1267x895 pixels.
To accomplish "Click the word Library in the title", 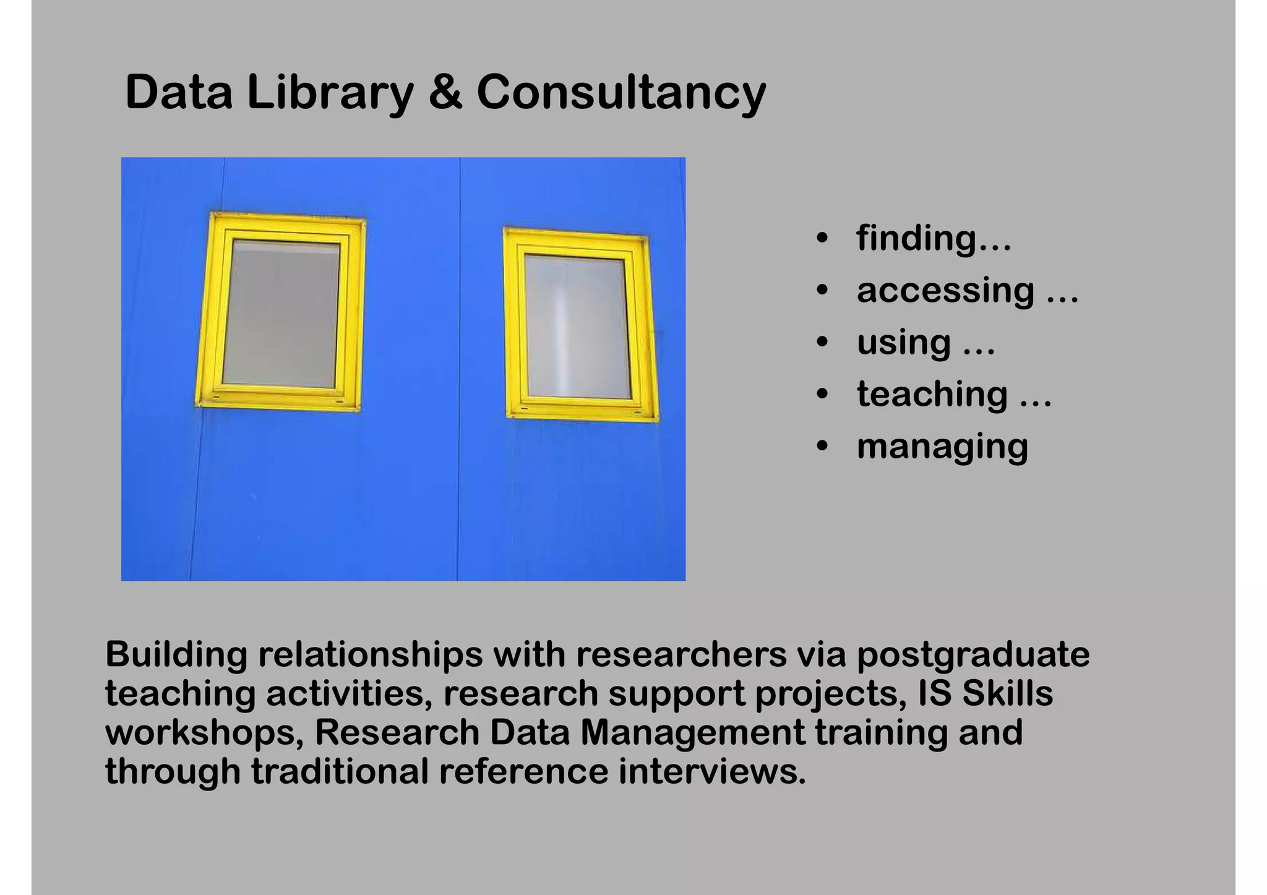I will coord(330,93).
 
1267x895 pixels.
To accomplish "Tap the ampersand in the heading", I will coord(445,93).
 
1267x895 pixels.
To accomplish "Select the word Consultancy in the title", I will coord(621,93).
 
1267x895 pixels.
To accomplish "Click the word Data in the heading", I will coord(179,93).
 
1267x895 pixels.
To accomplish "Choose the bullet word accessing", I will coord(945,290).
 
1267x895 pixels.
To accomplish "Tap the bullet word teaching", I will coord(932,394).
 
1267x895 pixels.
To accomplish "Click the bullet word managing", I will coord(942,447).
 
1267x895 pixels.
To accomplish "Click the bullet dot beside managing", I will coord(822,447).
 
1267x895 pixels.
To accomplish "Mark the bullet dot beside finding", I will coord(822,238).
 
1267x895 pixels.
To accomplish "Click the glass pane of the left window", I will coord(281,314).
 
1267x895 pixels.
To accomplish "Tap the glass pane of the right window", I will coord(577,327).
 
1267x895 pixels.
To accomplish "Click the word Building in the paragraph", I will coord(176,654).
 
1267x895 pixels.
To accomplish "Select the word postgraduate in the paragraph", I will coord(973,654).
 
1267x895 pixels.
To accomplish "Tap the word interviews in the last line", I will coord(712,771).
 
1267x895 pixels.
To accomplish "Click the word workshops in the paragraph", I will coord(204,732).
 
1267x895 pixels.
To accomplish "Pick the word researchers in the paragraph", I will coord(681,654).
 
